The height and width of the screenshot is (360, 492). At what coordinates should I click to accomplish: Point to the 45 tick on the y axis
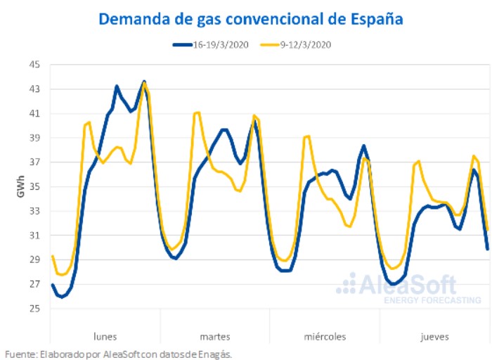click(x=34, y=65)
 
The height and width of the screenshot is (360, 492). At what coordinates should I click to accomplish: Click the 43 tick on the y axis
click(x=34, y=89)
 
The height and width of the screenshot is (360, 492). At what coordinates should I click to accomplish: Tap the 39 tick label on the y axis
click(x=34, y=138)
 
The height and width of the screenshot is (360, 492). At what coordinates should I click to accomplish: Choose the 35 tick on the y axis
click(x=34, y=187)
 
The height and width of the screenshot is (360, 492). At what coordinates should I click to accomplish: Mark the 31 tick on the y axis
click(x=34, y=236)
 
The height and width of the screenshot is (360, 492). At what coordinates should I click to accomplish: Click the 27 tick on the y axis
click(x=34, y=284)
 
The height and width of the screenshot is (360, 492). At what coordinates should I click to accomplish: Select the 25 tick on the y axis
click(x=34, y=309)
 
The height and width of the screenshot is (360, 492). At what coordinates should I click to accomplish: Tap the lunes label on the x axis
click(x=105, y=336)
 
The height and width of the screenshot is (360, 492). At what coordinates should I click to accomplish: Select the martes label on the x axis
click(x=215, y=336)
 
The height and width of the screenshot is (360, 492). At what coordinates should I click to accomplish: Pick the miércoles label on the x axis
click(x=325, y=336)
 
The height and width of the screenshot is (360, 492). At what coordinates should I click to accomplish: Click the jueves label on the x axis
click(x=435, y=336)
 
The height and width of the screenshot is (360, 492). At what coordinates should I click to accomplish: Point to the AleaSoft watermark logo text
click(x=408, y=285)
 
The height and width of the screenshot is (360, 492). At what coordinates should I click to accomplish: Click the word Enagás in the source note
click(x=214, y=354)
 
